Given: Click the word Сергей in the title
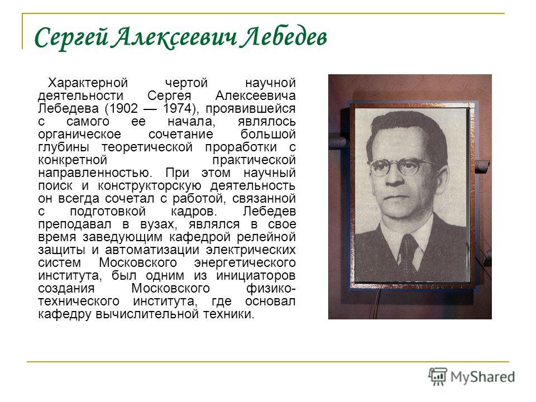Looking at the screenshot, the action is click(x=71, y=37).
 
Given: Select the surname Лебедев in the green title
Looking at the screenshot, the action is click(x=284, y=37).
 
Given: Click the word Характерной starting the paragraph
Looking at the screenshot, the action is click(x=88, y=83).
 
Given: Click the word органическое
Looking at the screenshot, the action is click(x=80, y=135).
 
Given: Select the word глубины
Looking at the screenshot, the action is click(x=64, y=147).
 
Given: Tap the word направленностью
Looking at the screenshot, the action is click(x=95, y=173).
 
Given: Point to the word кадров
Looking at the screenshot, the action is click(x=194, y=212).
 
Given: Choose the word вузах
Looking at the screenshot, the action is click(x=159, y=224).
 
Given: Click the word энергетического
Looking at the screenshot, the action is click(x=245, y=263).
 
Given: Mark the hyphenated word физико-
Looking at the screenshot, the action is click(x=271, y=289).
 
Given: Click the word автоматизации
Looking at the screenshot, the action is click(x=152, y=250).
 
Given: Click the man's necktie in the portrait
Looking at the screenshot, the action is click(x=408, y=252).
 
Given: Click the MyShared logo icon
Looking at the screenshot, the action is click(x=438, y=377).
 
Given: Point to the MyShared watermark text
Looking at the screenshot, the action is click(x=482, y=377).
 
